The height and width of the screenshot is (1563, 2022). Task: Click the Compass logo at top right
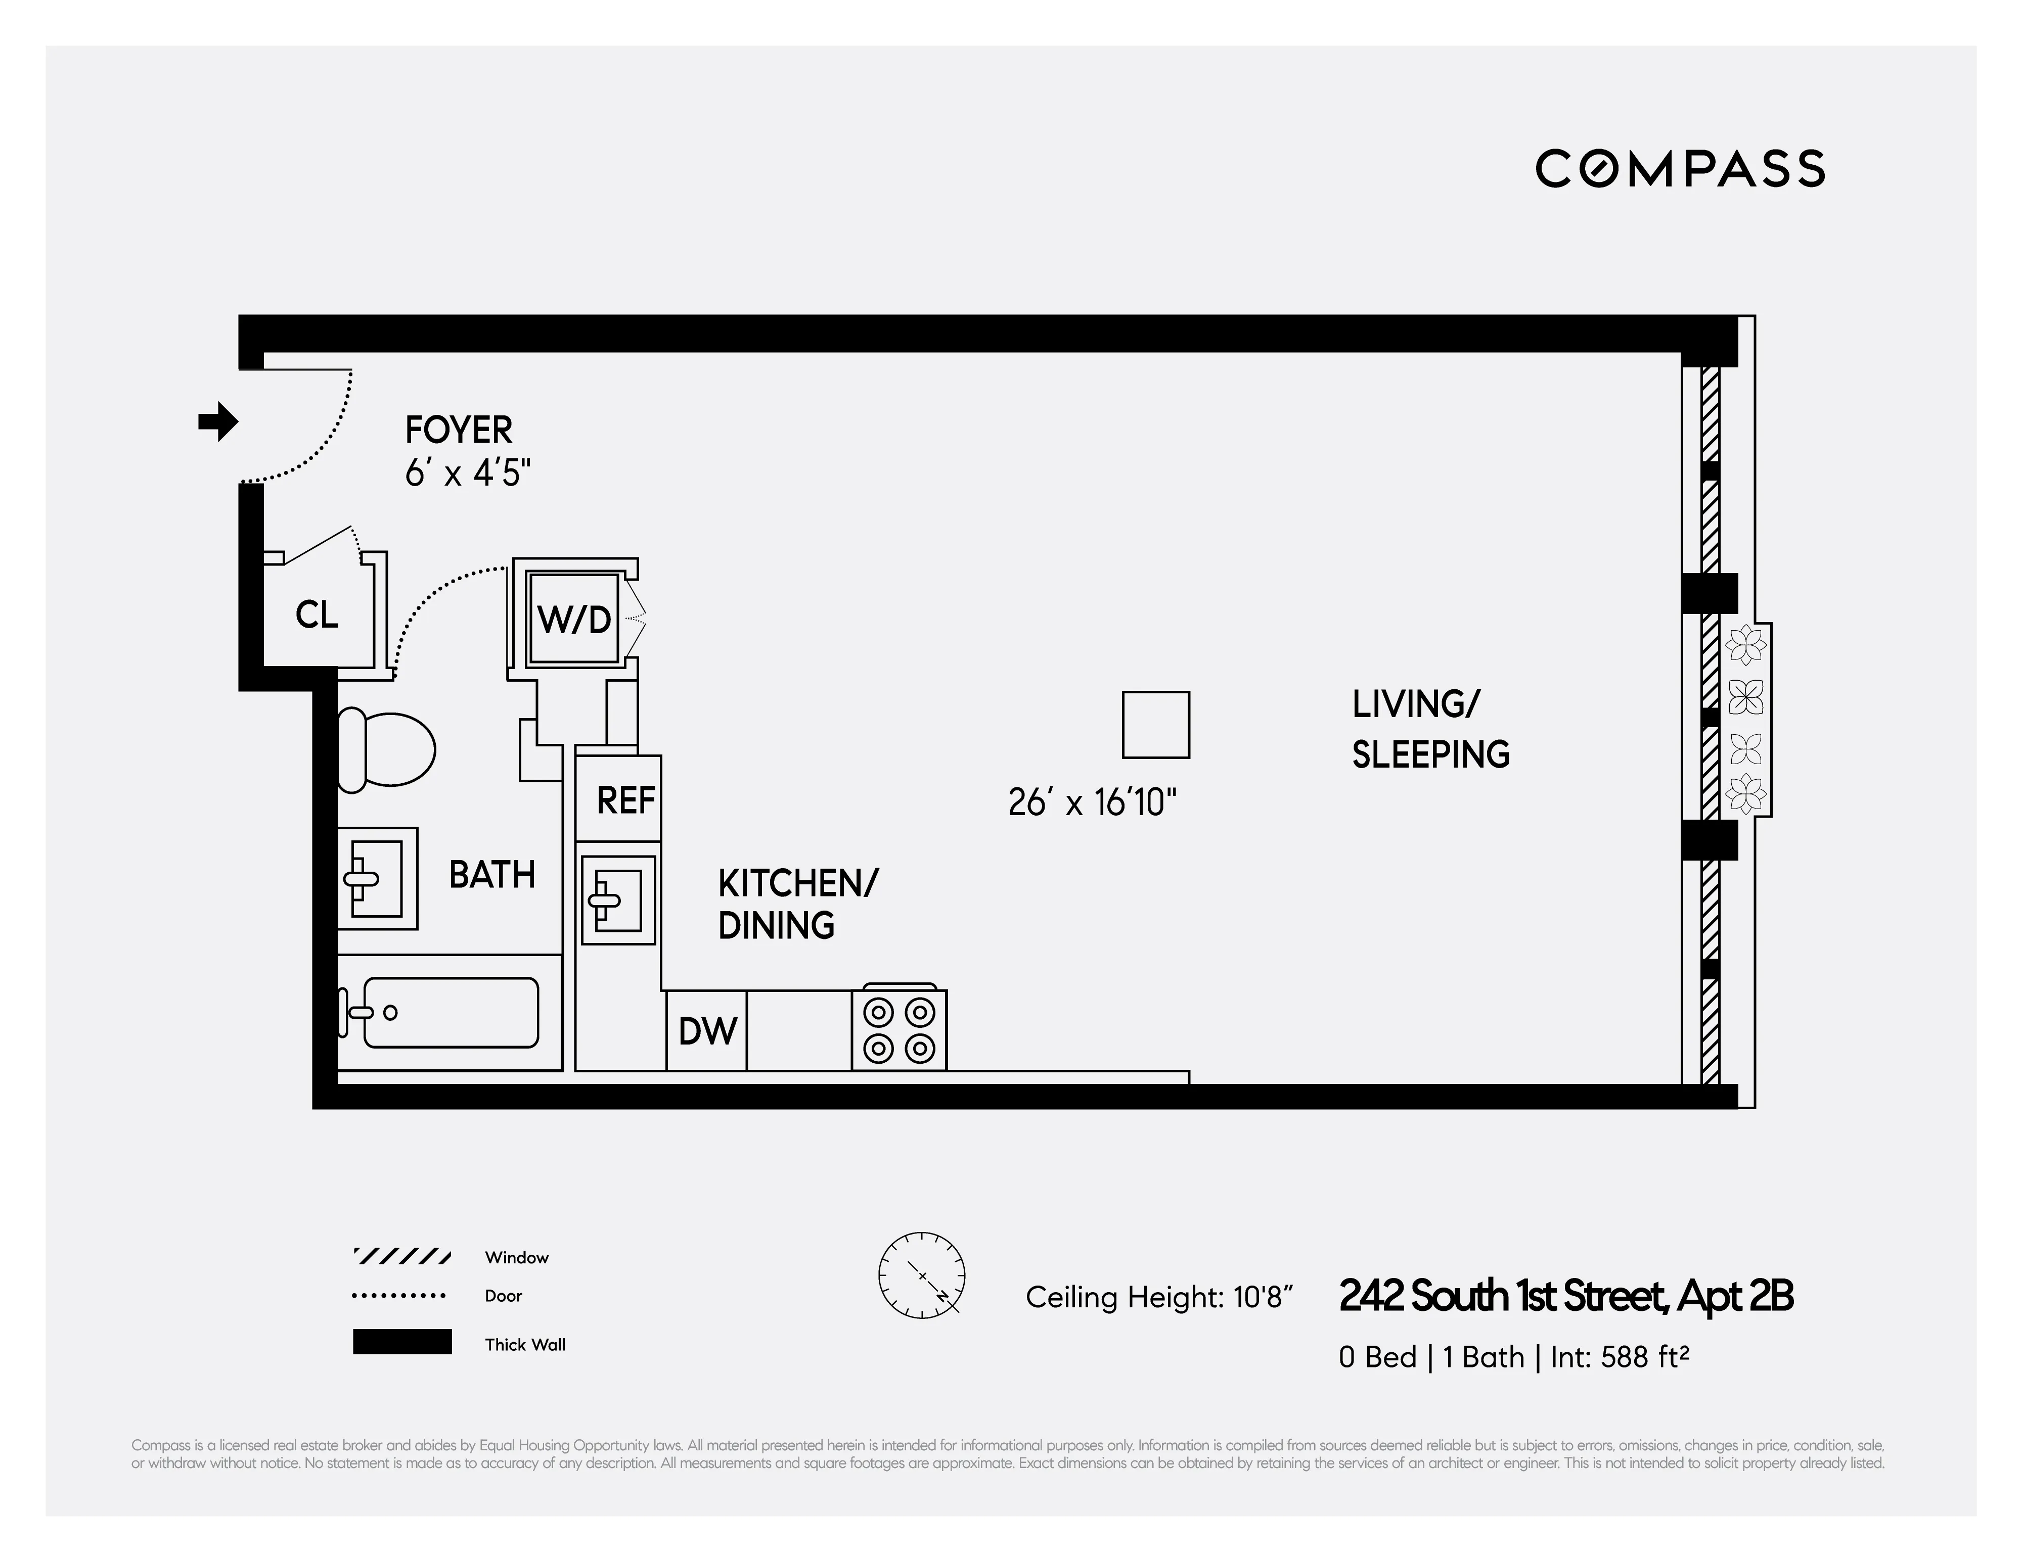[x=1680, y=168]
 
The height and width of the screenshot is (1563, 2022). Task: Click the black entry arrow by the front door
[x=218, y=422]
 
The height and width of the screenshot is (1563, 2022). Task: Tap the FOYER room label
[x=458, y=431]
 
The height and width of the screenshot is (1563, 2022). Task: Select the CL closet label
[x=317, y=614]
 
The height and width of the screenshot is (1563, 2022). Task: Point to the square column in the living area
[x=1155, y=725]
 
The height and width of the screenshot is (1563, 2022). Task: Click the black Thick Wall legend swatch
[x=402, y=1342]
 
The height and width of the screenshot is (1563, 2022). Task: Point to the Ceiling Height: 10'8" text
[x=1158, y=1297]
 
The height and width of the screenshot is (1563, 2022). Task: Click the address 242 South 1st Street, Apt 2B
[x=1565, y=1297]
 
